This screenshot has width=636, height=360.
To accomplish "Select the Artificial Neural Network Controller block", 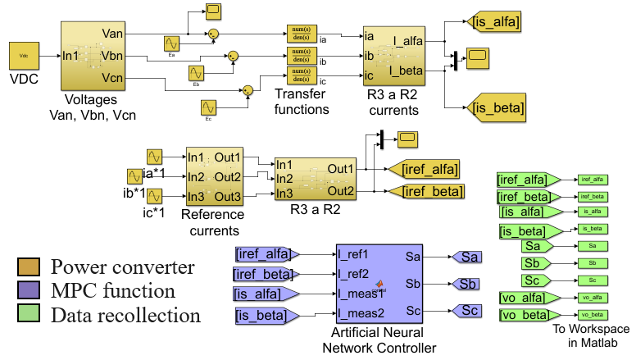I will [x=379, y=282].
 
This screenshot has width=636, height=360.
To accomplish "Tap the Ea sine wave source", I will [x=172, y=43].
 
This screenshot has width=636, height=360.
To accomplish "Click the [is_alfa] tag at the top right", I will [x=494, y=20].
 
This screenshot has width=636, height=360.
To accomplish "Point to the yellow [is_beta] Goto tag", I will [x=497, y=107].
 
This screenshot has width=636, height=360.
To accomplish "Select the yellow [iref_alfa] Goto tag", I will [x=422, y=169].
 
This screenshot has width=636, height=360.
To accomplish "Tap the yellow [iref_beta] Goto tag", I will [x=423, y=191].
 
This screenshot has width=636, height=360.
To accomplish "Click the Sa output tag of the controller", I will [x=468, y=257].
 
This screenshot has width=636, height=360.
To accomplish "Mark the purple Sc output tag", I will [x=468, y=310].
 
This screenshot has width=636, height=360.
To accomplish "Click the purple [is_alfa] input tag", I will [x=266, y=294].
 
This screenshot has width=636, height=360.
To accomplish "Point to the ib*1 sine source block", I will [x=135, y=176].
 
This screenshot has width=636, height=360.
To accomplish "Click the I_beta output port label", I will [x=407, y=71].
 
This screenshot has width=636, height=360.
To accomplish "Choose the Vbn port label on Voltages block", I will [x=113, y=55].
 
